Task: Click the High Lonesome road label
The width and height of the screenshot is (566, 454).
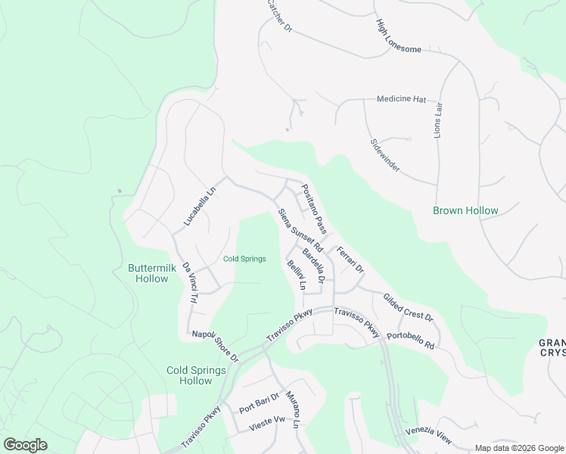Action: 398,36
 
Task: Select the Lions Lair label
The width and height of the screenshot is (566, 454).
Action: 437,120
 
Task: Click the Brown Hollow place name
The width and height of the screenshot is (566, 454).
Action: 465,211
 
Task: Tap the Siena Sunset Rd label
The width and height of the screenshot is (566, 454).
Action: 300,230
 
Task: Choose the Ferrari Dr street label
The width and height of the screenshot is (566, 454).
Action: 351,260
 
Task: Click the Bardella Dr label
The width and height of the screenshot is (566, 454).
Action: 314,266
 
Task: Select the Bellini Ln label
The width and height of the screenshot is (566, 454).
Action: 296,275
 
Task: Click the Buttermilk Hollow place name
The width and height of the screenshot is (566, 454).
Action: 148,273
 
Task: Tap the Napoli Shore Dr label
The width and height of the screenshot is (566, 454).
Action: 215,346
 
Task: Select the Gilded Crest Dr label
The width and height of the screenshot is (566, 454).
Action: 407,307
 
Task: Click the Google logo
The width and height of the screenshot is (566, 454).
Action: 25,445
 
